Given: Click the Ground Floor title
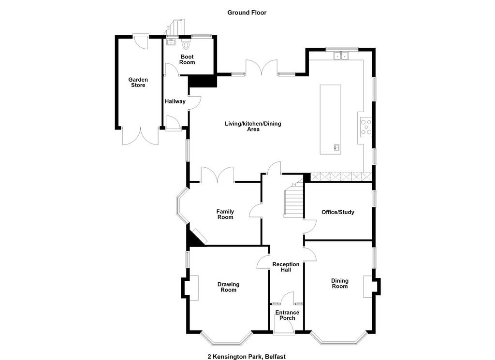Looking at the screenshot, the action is [247, 13].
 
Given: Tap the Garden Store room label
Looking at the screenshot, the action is [138, 82].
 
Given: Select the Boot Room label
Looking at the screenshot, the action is [187, 59].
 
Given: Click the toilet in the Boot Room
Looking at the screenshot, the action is [186, 44].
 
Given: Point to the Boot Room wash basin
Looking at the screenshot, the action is [171, 42].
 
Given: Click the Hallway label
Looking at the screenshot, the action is [175, 101].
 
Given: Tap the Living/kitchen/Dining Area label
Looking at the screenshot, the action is [253, 126].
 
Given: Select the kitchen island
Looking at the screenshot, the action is [330, 119].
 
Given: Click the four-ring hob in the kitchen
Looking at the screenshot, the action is [366, 127].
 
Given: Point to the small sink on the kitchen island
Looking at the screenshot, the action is [336, 147].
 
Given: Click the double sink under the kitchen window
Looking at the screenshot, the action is [341, 56].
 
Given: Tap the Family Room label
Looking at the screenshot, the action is [225, 214].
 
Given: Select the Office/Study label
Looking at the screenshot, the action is [338, 212].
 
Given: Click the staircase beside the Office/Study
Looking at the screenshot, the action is [294, 200].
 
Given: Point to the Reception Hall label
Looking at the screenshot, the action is [286, 267].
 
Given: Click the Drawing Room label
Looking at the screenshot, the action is [228, 287].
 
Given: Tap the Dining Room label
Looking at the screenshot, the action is [340, 283].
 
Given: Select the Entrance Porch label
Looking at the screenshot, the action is [287, 315].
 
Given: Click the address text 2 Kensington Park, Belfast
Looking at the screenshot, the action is [247, 357].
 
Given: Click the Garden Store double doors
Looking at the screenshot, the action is [141, 136].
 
